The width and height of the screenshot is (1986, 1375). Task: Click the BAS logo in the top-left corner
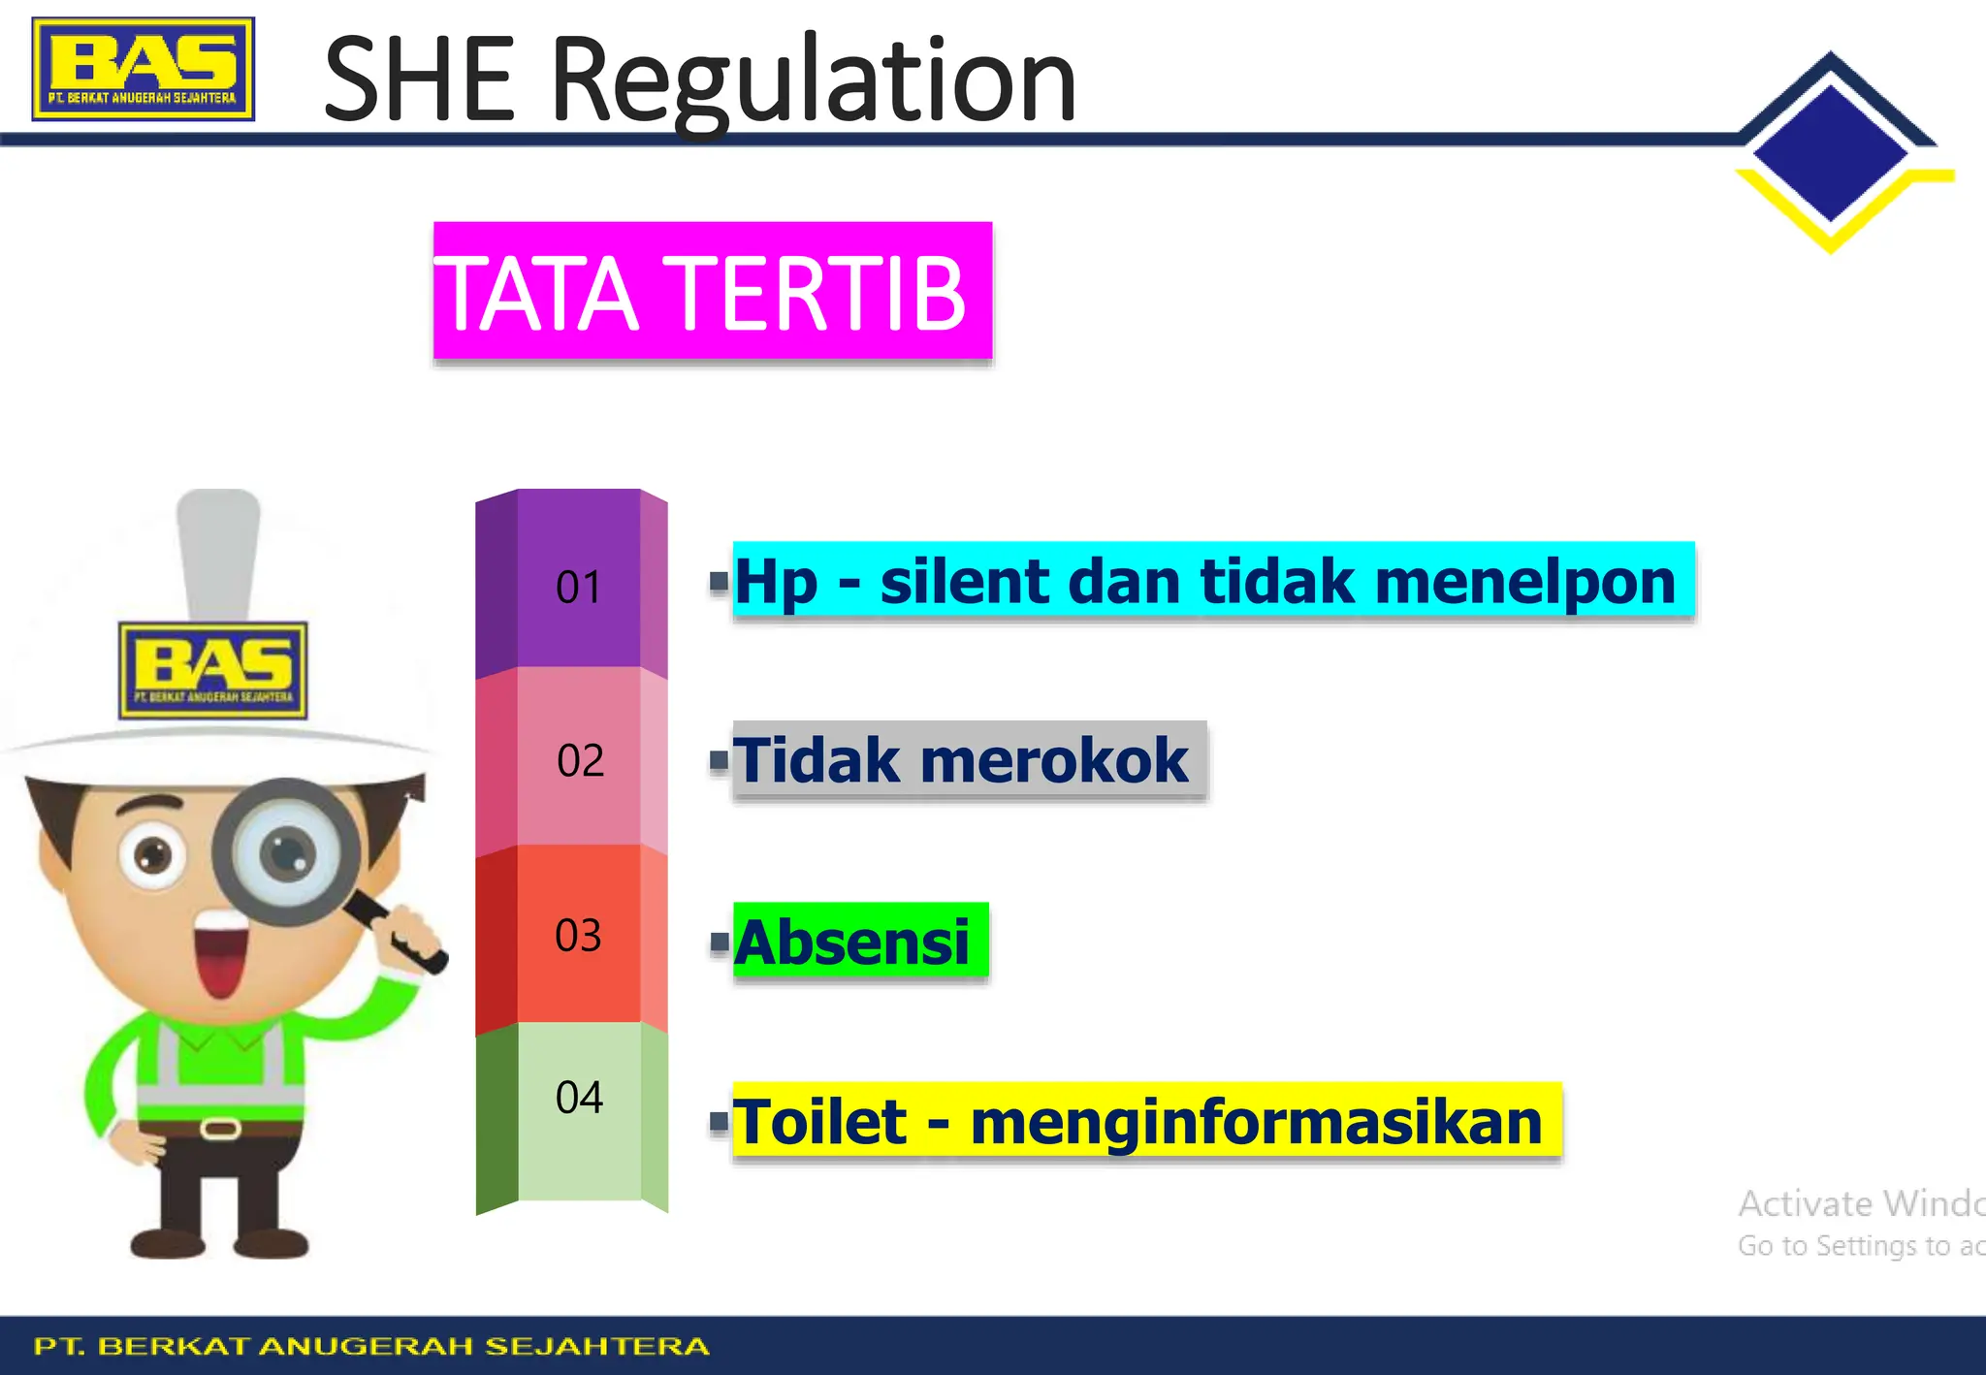[144, 69]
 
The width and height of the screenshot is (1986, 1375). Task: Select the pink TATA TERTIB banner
[712, 291]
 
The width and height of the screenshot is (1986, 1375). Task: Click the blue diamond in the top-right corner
[1830, 152]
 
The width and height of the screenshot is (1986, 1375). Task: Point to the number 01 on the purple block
[578, 588]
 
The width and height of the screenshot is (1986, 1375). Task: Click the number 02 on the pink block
[580, 761]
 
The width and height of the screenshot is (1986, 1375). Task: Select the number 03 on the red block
[578, 936]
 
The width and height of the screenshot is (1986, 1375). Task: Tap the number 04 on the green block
[579, 1098]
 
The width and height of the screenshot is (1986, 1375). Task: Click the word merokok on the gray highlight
[1054, 760]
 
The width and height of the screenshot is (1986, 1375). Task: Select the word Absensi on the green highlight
[851, 942]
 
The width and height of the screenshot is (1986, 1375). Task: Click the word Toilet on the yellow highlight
[819, 1122]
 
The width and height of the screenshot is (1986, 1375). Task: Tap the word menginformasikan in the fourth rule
[1256, 1122]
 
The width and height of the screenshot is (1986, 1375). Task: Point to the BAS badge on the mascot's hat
[213, 670]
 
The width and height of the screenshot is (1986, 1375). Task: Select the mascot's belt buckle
[220, 1128]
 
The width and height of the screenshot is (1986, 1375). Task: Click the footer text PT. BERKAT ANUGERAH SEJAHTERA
[371, 1346]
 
